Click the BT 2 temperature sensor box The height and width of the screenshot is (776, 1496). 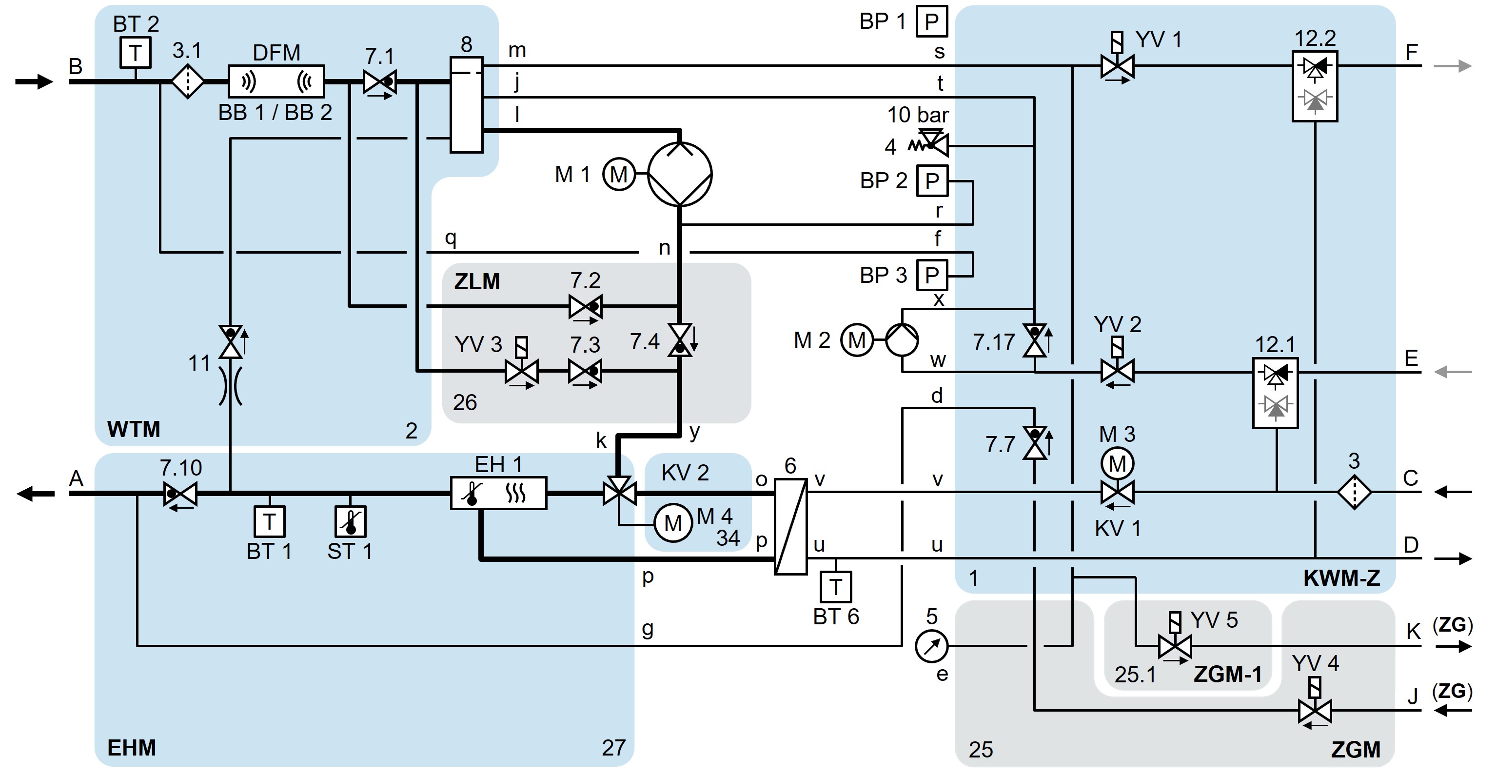coord(136,53)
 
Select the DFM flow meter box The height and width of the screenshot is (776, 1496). coord(276,81)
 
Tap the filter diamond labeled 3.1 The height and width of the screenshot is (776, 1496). coord(187,82)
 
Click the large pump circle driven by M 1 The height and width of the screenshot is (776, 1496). coord(679,174)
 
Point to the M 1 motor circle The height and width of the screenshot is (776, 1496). coord(618,174)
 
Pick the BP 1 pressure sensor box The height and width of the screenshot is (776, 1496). coord(931,21)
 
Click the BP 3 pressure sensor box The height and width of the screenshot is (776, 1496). coord(931,275)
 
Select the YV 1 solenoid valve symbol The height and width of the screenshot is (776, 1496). coord(1117,66)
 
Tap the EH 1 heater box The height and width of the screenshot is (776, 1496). coord(498,493)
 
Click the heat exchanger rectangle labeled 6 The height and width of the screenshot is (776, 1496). coord(790,526)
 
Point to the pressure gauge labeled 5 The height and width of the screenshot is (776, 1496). coord(931,646)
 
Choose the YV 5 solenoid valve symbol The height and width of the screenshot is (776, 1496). coord(1174,645)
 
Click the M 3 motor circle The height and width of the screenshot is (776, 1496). coord(1117,463)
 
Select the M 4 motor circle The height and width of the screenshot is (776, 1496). coord(673,523)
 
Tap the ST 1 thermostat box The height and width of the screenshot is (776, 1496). coord(350,521)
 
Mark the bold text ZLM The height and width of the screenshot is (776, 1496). coord(477,282)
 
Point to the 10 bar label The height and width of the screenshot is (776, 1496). coord(918,115)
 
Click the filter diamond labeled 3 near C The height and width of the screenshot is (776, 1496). coord(1354,492)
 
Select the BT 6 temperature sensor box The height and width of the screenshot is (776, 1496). coord(835,587)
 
